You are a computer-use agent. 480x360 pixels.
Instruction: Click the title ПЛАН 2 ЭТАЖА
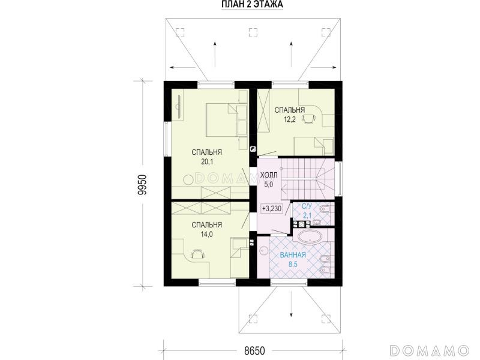click(x=252, y=5)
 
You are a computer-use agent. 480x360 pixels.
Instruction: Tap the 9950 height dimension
click(x=143, y=185)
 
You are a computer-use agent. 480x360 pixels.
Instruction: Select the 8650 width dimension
click(x=254, y=350)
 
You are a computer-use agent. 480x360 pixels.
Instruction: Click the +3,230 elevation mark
click(x=272, y=209)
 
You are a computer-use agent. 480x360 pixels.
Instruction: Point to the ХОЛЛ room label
click(x=269, y=175)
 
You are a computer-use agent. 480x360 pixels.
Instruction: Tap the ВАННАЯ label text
click(x=293, y=255)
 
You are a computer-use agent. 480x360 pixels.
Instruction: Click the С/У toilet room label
click(x=307, y=207)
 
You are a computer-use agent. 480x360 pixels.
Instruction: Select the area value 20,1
click(x=207, y=161)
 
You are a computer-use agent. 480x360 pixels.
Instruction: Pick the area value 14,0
click(x=206, y=235)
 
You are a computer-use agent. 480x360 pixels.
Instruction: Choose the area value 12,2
click(x=289, y=119)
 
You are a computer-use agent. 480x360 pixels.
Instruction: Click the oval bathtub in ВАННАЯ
click(x=310, y=237)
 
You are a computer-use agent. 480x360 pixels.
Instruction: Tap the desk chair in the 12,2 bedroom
click(x=309, y=119)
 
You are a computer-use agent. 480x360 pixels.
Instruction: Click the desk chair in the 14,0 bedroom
click(x=197, y=254)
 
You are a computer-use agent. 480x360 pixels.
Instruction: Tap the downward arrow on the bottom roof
click(x=291, y=305)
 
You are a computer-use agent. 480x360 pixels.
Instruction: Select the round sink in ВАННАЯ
click(x=263, y=251)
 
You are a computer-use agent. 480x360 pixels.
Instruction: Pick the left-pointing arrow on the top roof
click(x=182, y=67)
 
